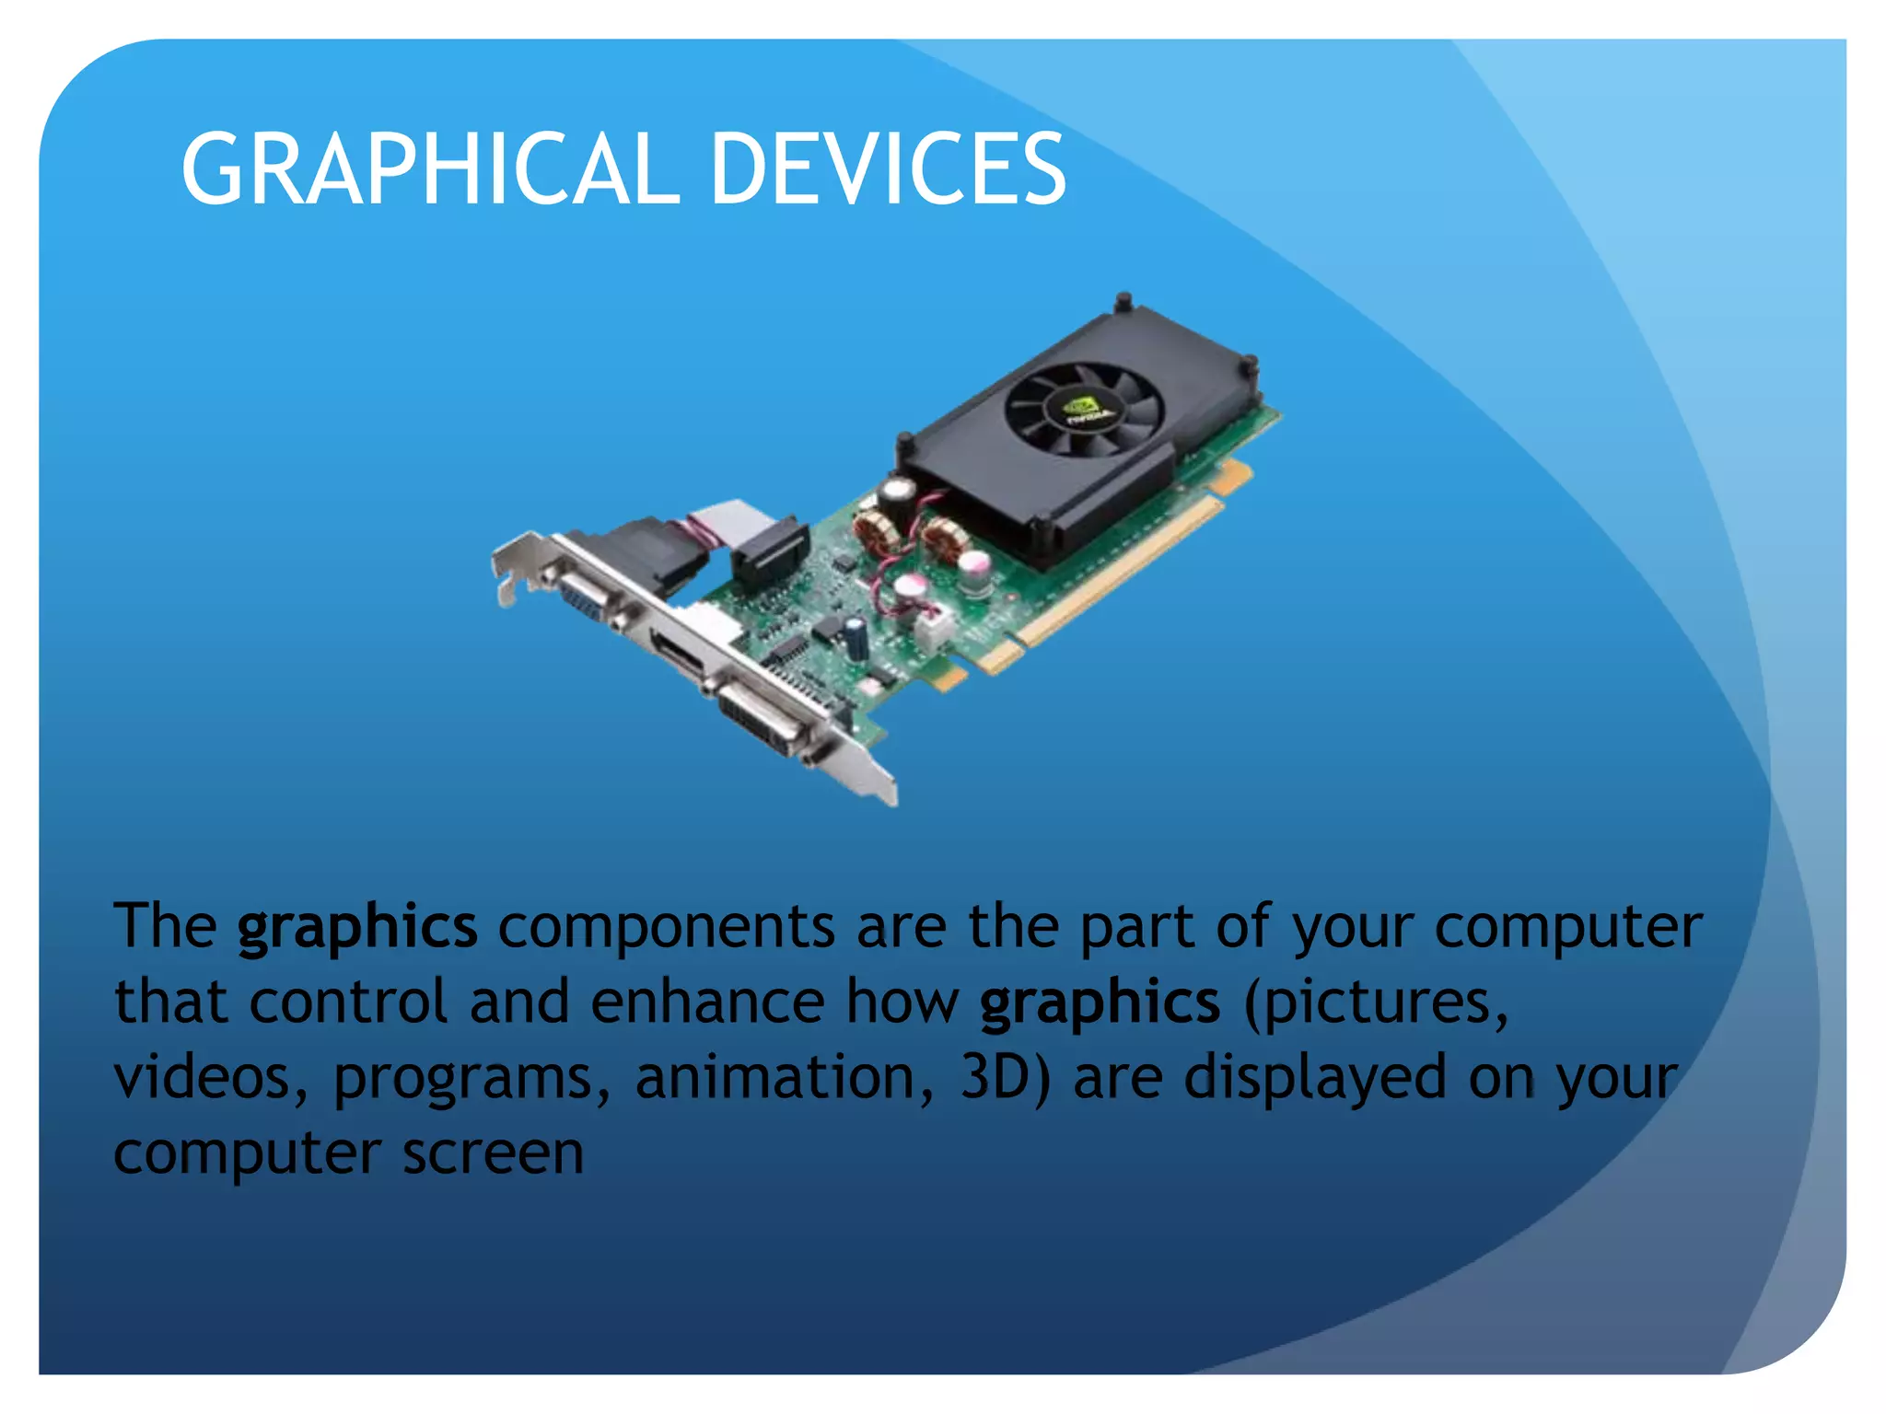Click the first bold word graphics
[x=357, y=927]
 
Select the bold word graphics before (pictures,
[x=1100, y=1003]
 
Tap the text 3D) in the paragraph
[x=1005, y=1077]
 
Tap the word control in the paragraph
[x=348, y=1003]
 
